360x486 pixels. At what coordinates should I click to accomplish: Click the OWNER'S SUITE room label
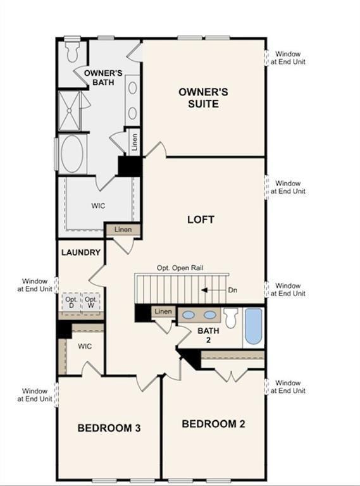(x=202, y=98)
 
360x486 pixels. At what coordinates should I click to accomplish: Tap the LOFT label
(x=201, y=220)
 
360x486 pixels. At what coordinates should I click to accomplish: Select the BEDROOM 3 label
(x=109, y=428)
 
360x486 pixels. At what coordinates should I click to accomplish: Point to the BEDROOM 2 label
(x=213, y=424)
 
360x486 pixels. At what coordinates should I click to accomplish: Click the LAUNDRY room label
(x=80, y=252)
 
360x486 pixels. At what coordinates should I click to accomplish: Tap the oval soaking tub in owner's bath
(x=73, y=153)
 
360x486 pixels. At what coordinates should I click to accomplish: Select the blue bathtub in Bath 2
(x=253, y=326)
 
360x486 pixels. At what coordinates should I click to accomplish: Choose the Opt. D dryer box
(x=71, y=302)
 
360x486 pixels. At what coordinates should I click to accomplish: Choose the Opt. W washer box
(x=91, y=302)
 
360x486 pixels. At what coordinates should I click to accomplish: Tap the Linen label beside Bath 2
(x=163, y=311)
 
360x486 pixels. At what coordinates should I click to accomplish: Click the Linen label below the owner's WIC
(x=123, y=229)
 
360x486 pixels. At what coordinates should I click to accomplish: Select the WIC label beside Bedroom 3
(x=85, y=347)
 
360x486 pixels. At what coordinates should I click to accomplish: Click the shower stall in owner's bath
(x=71, y=111)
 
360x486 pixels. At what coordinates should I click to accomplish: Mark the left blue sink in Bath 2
(x=189, y=314)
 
